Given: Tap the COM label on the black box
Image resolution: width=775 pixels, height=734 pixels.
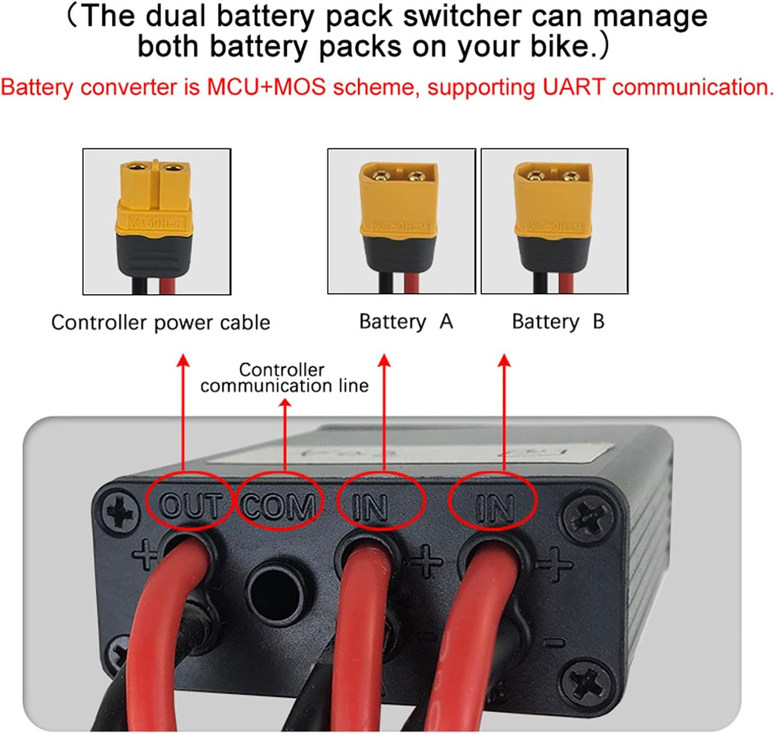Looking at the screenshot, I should pos(278,506).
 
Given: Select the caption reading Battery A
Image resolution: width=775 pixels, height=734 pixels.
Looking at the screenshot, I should pos(406,322).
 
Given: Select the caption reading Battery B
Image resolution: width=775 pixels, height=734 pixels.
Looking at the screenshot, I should pos(558,322).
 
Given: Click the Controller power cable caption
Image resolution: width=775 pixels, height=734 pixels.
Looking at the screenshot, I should pos(161,323).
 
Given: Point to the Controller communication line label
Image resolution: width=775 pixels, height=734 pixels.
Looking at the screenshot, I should pos(284,377).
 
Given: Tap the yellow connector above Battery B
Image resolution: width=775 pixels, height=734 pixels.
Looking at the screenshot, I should pos(553,207).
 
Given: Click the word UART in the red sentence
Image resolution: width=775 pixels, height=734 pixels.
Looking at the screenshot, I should pos(573,87).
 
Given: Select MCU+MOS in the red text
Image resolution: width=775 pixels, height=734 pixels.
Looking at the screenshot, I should pos(267,87).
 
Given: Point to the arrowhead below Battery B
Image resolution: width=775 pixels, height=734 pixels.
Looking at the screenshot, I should pos(504,360).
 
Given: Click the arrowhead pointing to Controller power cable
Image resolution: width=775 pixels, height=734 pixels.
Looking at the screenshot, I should pos(183,360).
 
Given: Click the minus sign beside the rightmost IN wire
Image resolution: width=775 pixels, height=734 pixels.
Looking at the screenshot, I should pos(554,643).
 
